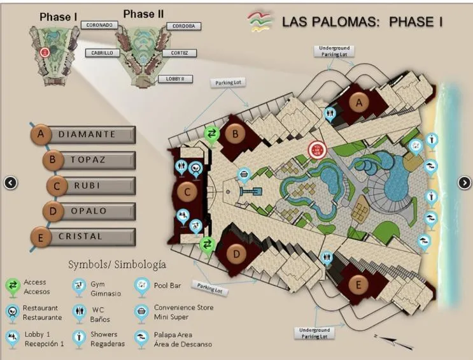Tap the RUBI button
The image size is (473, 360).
(93, 185)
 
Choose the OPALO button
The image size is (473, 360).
(90, 211)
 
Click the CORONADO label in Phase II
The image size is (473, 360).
(97, 25)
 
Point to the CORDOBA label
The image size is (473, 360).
(184, 26)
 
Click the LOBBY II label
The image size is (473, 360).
(175, 79)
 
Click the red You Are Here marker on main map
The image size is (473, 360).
(316, 150)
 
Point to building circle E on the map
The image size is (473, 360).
(358, 285)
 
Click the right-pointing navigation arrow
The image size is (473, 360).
(464, 183)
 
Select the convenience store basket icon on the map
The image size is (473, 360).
(244, 173)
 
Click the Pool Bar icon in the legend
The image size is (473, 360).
(142, 285)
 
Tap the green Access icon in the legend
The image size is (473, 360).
(13, 286)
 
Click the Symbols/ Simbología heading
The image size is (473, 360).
(117, 264)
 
